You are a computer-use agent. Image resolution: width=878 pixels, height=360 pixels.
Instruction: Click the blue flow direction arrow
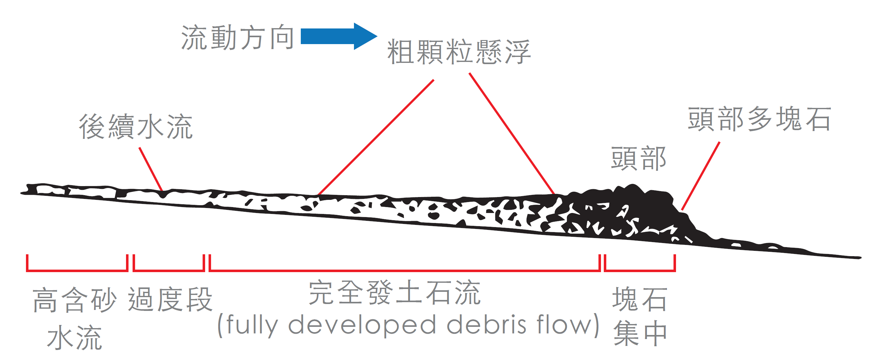point(337,36)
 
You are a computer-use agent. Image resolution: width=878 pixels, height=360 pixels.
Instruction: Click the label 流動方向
point(238,38)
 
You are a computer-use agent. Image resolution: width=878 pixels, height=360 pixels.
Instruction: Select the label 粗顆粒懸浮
point(458,52)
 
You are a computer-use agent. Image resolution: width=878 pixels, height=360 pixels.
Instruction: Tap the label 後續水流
point(136,126)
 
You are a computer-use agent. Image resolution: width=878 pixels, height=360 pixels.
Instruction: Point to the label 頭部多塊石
point(759,119)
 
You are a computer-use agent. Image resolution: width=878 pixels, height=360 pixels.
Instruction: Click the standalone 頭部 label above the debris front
point(638,159)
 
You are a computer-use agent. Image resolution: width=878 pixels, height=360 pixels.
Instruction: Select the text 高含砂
point(74,300)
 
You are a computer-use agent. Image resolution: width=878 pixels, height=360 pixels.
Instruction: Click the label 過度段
point(170,299)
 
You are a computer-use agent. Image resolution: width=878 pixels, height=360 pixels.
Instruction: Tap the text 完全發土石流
point(394,292)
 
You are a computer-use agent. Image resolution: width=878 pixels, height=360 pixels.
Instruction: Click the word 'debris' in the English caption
point(487,325)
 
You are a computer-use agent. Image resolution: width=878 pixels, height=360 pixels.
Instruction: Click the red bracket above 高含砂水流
point(77,270)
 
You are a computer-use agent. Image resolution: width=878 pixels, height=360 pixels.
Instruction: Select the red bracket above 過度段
point(169,270)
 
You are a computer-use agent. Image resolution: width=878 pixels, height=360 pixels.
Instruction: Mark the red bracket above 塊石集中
point(640,270)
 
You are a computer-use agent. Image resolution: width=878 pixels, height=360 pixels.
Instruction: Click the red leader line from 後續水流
point(151,169)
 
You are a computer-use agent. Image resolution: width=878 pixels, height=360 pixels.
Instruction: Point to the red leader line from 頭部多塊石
point(700,176)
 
